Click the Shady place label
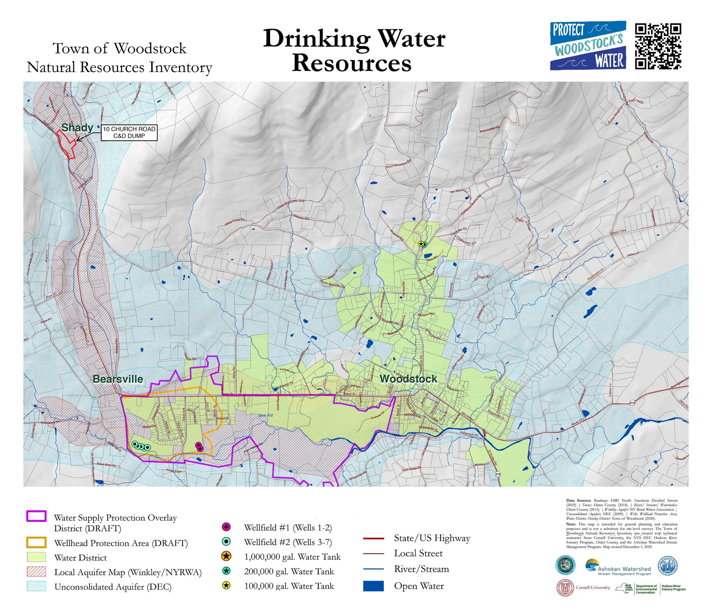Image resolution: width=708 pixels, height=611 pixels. pyautogui.click(x=77, y=127)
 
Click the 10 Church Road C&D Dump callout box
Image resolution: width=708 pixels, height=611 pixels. pyautogui.click(x=129, y=132)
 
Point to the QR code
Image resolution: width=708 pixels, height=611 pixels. pyautogui.click(x=658, y=46)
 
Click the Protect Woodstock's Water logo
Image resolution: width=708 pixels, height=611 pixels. pyautogui.click(x=588, y=46)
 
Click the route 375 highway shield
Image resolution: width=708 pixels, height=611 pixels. pyautogui.click(x=498, y=474)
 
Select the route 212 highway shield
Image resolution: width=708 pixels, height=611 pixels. pyautogui.click(x=632, y=403)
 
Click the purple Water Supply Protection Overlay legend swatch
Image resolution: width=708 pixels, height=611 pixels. pyautogui.click(x=36, y=516)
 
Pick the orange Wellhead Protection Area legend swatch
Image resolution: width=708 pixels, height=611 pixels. pyautogui.click(x=36, y=543)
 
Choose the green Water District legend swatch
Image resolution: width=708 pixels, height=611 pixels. pyautogui.click(x=36, y=558)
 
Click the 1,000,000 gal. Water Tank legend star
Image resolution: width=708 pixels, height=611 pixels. pyautogui.click(x=226, y=556)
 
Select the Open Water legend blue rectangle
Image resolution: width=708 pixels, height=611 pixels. pyautogui.click(x=373, y=586)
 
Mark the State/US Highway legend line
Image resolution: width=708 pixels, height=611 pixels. pyautogui.click(x=373, y=539)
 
